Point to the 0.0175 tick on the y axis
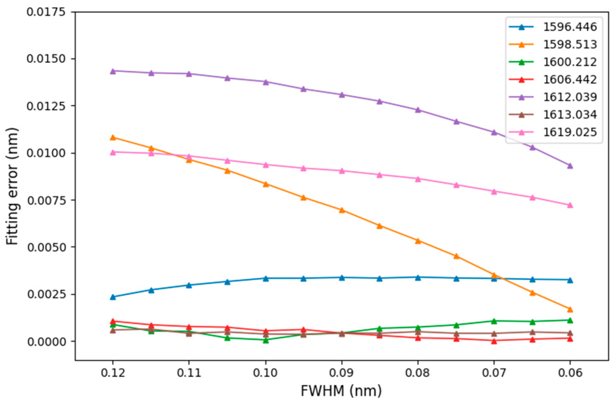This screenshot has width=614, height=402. point(46,12)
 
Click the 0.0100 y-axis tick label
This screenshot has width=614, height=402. point(46,153)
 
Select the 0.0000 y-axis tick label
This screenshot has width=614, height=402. point(46,341)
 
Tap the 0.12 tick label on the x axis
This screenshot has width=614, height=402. point(113,372)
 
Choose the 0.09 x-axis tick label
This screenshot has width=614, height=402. point(342,372)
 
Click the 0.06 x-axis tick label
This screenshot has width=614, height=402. point(570,372)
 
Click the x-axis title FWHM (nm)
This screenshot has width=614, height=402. point(341,391)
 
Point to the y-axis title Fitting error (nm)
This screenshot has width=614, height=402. point(12,186)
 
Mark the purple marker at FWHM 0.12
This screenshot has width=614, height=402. point(113,71)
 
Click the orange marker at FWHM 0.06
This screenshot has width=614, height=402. point(570,309)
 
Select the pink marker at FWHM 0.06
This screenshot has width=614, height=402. point(570,205)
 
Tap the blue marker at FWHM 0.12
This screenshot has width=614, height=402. point(113,297)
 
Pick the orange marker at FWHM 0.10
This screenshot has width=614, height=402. point(266,184)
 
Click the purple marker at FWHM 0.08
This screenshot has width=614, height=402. point(418,110)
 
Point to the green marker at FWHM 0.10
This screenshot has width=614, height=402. point(266,340)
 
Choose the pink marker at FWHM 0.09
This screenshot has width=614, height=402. point(342,171)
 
